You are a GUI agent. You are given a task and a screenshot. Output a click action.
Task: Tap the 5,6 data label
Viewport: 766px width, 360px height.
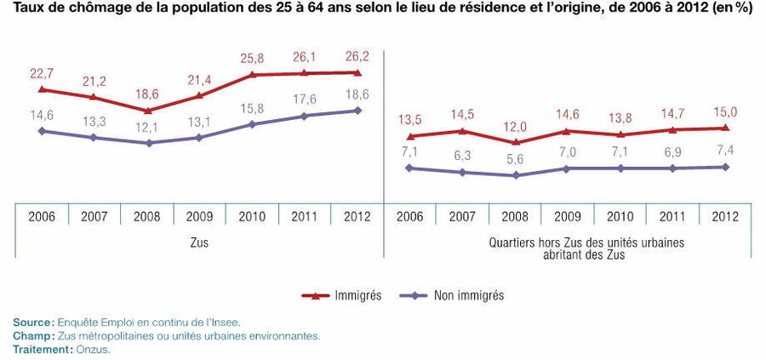point(515,159)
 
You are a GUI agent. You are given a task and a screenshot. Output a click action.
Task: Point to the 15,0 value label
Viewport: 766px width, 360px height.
point(726,111)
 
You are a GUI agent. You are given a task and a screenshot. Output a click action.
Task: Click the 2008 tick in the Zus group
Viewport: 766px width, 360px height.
point(147,216)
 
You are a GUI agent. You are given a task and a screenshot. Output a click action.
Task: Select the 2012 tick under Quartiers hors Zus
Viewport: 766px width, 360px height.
point(726,216)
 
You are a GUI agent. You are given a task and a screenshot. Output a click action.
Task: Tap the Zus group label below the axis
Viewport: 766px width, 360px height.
point(199,243)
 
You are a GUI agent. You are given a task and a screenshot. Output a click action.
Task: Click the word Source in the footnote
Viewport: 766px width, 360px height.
point(32,322)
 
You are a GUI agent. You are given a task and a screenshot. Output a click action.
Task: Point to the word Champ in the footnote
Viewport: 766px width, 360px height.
point(32,335)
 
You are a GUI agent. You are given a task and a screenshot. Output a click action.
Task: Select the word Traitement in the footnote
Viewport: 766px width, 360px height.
point(39,349)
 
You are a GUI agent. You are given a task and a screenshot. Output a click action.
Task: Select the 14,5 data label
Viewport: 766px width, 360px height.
point(463,114)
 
